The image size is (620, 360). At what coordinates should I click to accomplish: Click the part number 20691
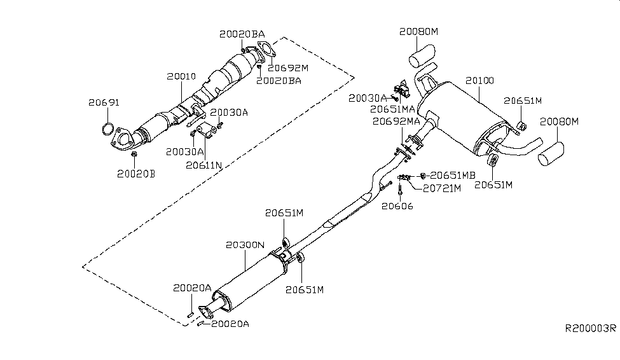(104, 103)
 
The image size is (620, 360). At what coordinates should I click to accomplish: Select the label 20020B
(135, 172)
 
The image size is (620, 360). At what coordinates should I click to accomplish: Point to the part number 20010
(181, 76)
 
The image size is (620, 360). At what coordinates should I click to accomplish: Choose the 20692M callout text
(287, 67)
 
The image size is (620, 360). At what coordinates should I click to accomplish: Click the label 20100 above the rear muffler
(479, 81)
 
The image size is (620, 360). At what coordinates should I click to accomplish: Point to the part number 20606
(397, 205)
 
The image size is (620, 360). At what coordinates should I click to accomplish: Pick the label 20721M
(435, 188)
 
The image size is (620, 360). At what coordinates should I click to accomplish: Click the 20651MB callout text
(453, 175)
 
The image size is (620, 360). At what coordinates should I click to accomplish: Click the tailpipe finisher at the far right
(552, 154)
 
